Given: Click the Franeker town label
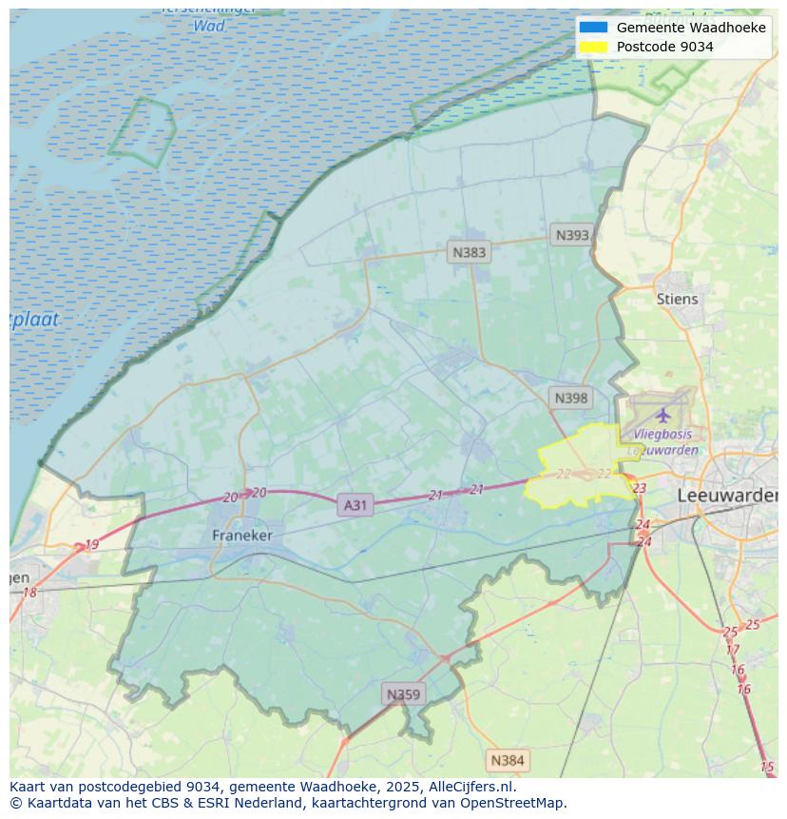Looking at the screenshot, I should pyautogui.click(x=241, y=536).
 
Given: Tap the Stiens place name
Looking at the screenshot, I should pyautogui.click(x=677, y=299).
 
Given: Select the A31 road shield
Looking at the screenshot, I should pyautogui.click(x=355, y=505).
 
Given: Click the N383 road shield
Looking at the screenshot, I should pyautogui.click(x=469, y=252).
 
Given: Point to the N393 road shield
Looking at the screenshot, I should pyautogui.click(x=572, y=235).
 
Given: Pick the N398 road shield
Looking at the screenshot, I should pyautogui.click(x=570, y=398).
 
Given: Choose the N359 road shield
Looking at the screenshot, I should pyautogui.click(x=402, y=694).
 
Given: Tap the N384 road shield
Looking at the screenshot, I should pyautogui.click(x=507, y=760).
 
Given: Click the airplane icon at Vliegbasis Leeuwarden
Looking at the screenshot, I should pyautogui.click(x=662, y=415).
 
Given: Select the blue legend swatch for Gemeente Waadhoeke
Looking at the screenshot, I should pyautogui.click(x=593, y=28).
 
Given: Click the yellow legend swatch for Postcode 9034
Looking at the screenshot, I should pyautogui.click(x=593, y=47).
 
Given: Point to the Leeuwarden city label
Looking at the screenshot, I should pyautogui.click(x=727, y=497).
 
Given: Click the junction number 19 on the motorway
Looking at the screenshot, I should pyautogui.click(x=91, y=545).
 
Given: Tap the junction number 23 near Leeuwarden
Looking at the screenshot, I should pyautogui.click(x=639, y=488).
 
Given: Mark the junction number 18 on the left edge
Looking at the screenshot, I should pyautogui.click(x=29, y=593).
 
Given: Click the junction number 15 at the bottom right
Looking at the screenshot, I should pyautogui.click(x=767, y=767).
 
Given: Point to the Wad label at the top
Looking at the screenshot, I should pyautogui.click(x=208, y=26).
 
